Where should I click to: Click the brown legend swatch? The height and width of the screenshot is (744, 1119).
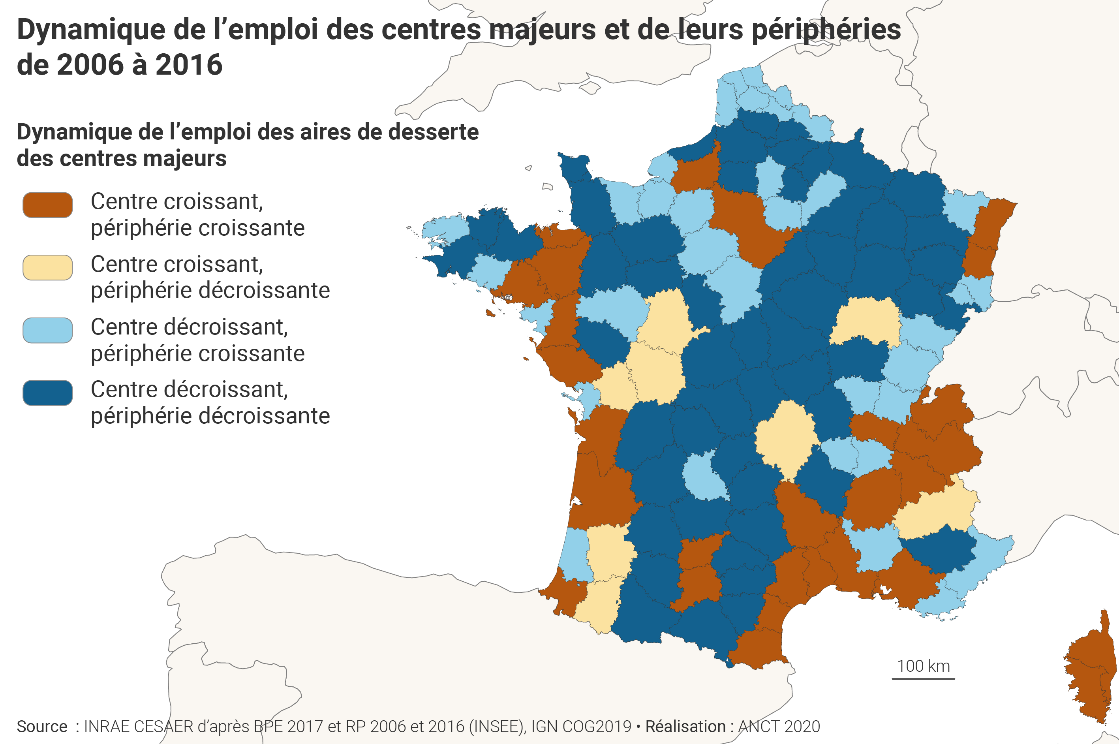47,205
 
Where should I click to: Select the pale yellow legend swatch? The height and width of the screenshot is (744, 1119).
47,268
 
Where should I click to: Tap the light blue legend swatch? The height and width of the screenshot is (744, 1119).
47,330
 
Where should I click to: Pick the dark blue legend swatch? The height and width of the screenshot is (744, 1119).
47,393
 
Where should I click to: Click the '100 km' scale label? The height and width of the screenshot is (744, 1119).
923,666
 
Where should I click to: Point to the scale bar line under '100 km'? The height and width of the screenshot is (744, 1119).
923,678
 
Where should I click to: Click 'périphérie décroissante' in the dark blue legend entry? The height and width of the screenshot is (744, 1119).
210,416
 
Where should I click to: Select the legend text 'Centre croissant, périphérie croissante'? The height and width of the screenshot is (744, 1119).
197,214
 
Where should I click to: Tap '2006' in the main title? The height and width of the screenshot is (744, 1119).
90,65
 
